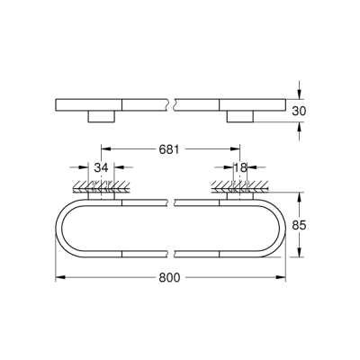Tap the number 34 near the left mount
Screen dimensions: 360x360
(102, 166)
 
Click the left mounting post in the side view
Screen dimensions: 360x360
(101, 116)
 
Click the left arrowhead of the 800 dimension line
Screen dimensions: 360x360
(61, 277)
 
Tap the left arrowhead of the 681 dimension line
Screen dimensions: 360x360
(104, 148)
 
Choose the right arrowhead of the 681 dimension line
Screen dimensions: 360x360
(239, 148)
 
